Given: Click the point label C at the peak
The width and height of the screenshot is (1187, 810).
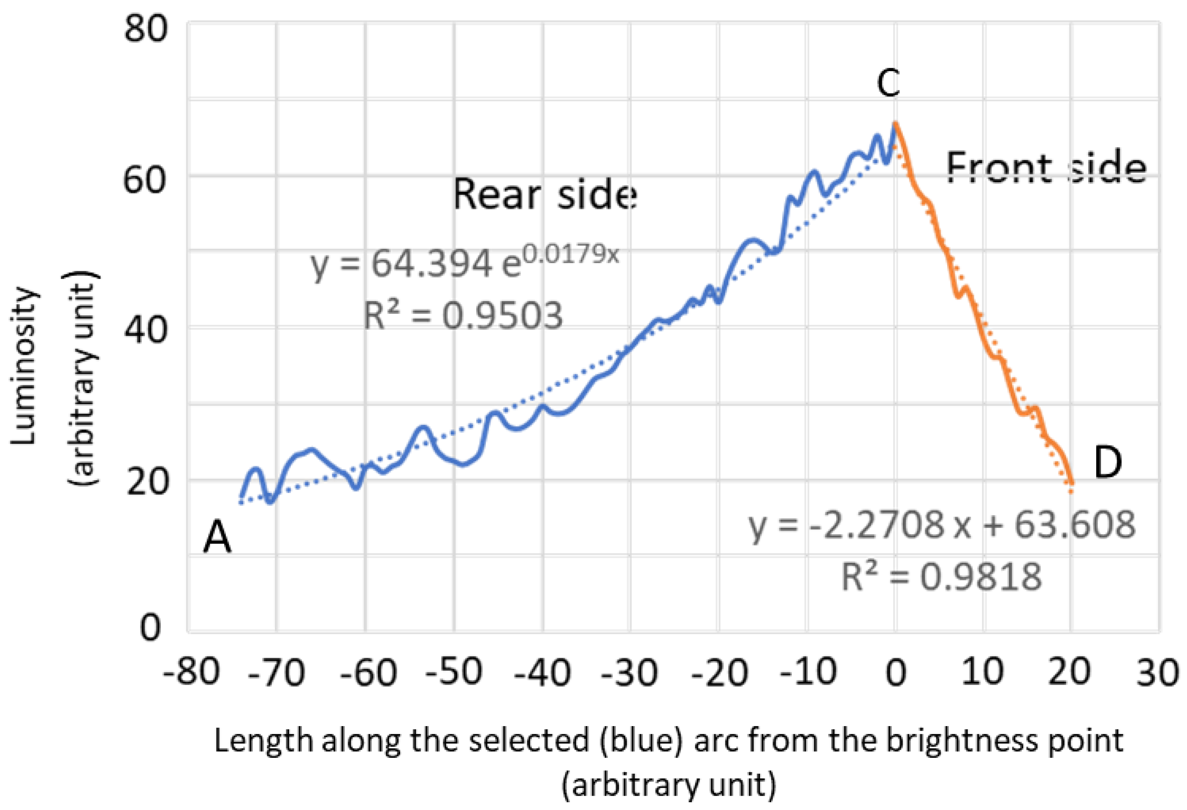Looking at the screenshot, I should pos(888,83).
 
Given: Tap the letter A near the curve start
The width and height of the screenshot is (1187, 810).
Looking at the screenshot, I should pos(217,539).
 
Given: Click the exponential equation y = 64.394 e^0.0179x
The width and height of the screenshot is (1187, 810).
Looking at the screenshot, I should pos(465,263).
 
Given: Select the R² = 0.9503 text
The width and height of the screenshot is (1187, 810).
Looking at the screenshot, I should pos(463,315).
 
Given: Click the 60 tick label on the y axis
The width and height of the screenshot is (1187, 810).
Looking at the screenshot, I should pos(146,180).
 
